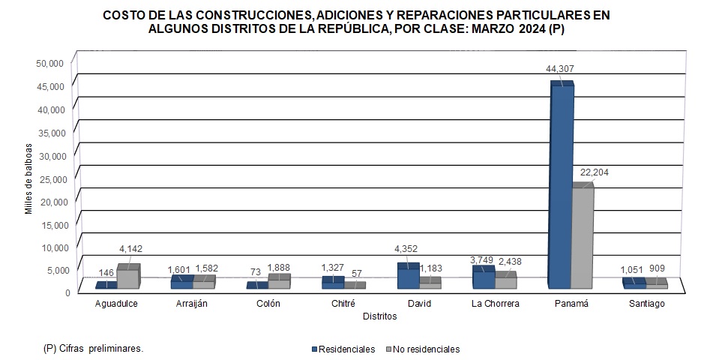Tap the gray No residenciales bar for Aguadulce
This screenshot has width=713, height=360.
click(127, 277)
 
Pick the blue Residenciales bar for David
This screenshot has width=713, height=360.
click(408, 277)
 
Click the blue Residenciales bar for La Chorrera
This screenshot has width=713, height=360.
click(482, 278)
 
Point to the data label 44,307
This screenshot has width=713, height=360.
click(562, 69)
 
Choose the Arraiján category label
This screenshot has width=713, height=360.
click(193, 304)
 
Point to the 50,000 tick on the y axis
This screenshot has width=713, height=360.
click(50, 63)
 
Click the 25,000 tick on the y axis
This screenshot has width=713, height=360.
click(50, 178)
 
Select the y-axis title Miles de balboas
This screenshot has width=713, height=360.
click(28, 178)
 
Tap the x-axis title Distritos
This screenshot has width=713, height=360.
click(379, 316)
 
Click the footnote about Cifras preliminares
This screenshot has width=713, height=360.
click(94, 349)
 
